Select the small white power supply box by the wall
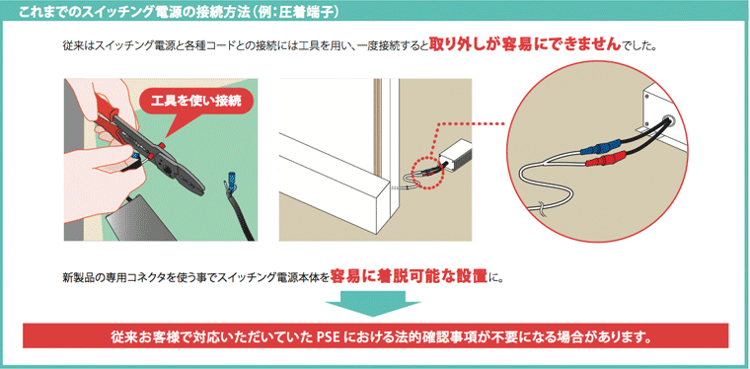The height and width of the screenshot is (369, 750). (x=453, y=156)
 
